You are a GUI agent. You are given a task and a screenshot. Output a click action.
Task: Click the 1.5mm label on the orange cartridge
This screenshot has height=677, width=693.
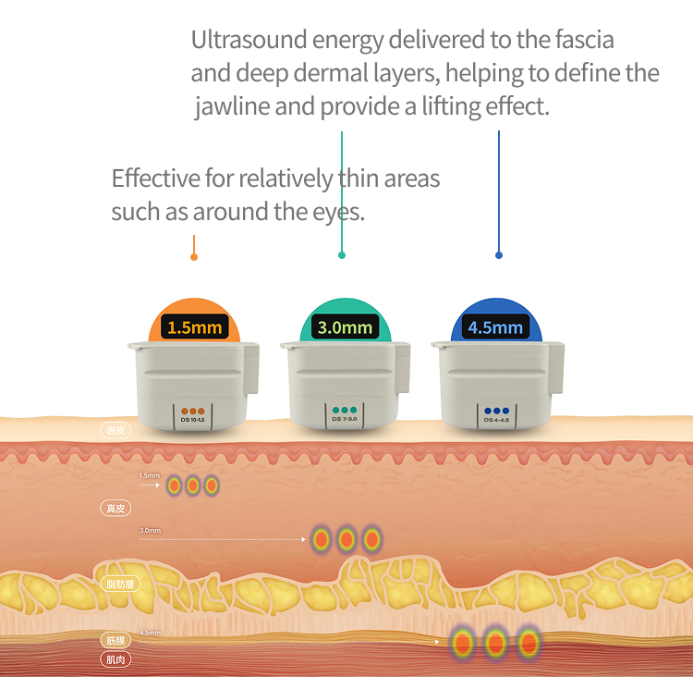tap(195, 327)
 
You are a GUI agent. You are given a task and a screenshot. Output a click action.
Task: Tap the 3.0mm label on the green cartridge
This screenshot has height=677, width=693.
tap(345, 327)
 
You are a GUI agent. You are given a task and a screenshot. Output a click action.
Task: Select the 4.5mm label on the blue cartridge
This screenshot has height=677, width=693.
tap(495, 327)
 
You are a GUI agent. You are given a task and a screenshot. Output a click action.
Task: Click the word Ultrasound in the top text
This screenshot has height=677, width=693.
tap(249, 41)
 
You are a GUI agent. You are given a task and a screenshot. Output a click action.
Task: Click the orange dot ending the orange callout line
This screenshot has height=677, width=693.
tap(193, 256)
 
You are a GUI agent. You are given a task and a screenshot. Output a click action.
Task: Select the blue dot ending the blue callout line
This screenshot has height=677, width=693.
tap(499, 254)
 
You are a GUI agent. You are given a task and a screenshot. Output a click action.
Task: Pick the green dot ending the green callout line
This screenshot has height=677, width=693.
tap(342, 254)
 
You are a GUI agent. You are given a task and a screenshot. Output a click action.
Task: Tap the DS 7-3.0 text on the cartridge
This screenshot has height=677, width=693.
tap(345, 421)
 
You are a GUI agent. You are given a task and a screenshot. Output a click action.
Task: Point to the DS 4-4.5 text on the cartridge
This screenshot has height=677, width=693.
tap(496, 421)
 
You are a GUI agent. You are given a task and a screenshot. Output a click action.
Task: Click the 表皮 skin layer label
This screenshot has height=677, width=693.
tap(115, 430)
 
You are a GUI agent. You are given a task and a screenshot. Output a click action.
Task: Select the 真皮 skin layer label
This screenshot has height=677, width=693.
tap(115, 508)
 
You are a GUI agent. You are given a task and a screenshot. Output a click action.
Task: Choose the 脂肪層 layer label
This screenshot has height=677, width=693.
tap(120, 584)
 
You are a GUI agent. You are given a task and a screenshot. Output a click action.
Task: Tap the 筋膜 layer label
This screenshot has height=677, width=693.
tap(115, 640)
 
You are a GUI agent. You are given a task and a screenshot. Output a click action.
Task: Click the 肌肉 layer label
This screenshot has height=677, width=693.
tap(115, 659)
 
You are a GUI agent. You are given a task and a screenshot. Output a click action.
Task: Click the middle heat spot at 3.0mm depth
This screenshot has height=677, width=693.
tap(346, 538)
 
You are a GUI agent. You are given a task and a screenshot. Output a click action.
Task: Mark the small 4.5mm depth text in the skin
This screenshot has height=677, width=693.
tap(150, 634)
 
